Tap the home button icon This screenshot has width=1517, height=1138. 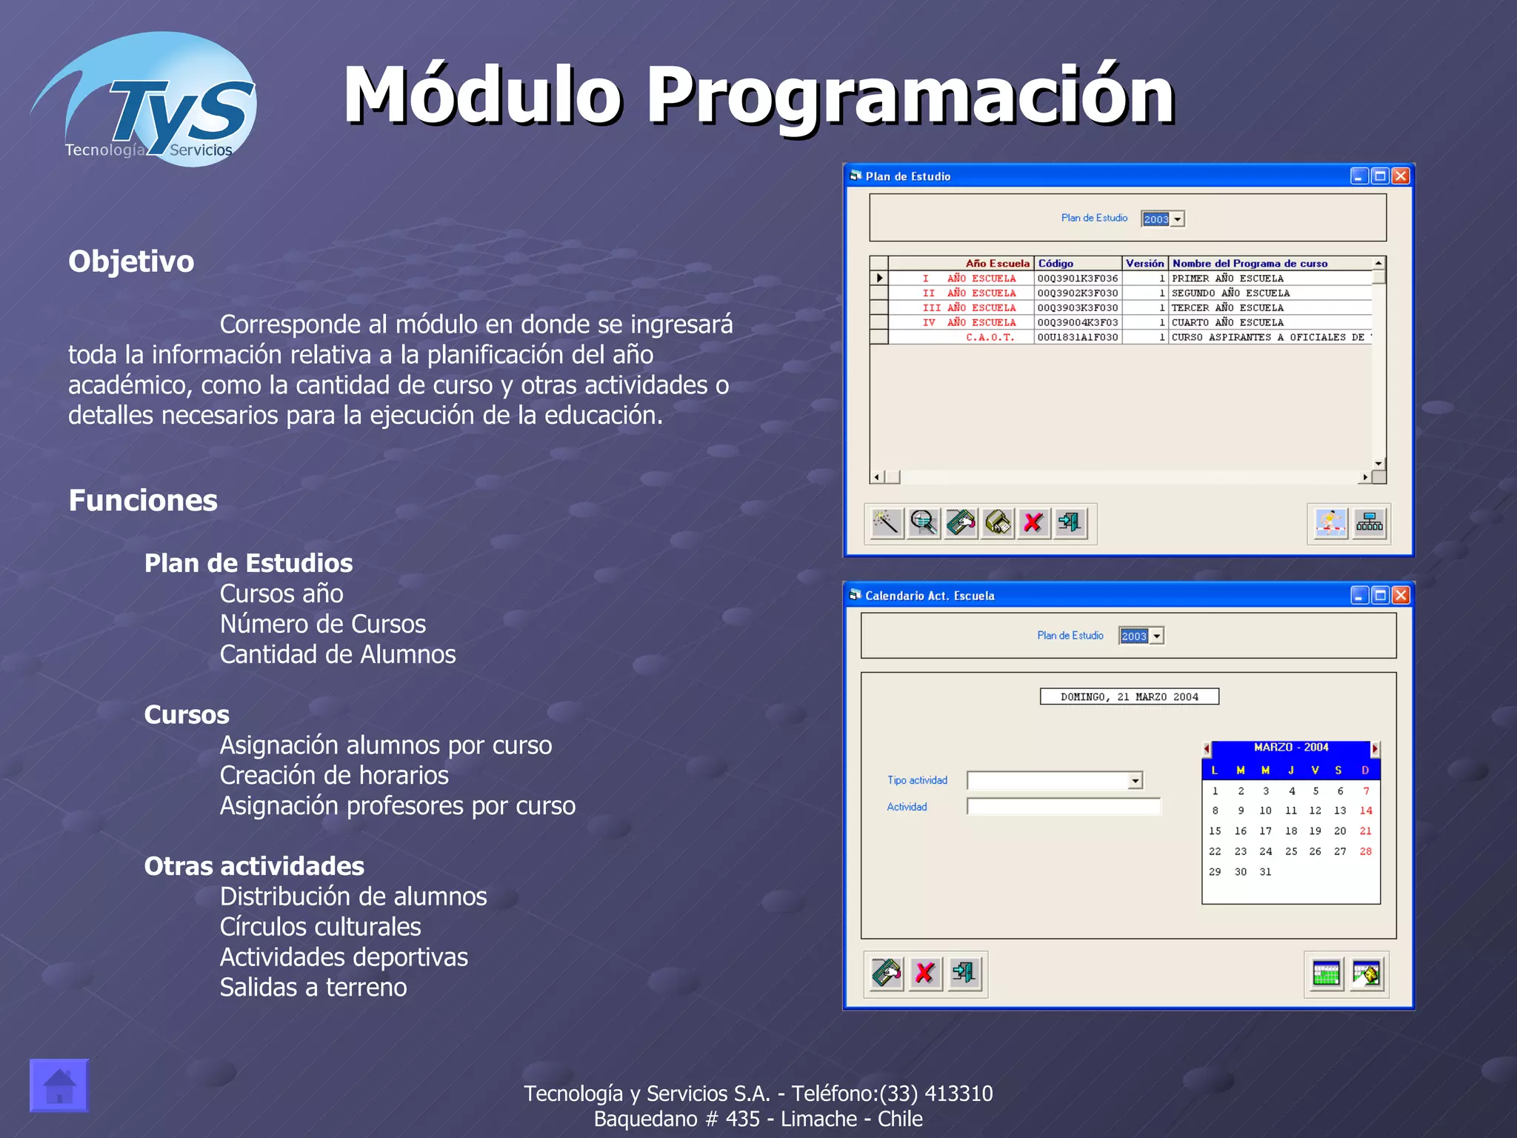click(59, 1085)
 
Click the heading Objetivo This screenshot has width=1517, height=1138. click(131, 262)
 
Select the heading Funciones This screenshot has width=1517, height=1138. click(143, 501)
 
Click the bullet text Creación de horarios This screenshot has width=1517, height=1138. click(334, 776)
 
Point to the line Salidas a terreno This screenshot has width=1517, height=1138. click(313, 988)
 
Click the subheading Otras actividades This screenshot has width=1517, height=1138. click(254, 866)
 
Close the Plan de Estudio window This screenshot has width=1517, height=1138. click(1400, 176)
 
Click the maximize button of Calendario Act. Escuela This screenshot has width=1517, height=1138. click(1380, 596)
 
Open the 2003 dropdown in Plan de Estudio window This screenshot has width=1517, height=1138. click(1178, 219)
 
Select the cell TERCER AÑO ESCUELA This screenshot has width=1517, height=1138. click(1227, 307)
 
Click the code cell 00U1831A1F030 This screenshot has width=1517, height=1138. click(1078, 337)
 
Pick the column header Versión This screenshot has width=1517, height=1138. click(1144, 263)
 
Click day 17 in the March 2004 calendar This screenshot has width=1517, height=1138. click(1266, 831)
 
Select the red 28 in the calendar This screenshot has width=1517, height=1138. click(1366, 852)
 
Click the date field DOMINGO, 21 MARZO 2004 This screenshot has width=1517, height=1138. click(1129, 696)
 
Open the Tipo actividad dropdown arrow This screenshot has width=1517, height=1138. click(1136, 781)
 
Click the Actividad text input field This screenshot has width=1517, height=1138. click(1064, 807)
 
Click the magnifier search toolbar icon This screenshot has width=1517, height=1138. click(924, 523)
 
